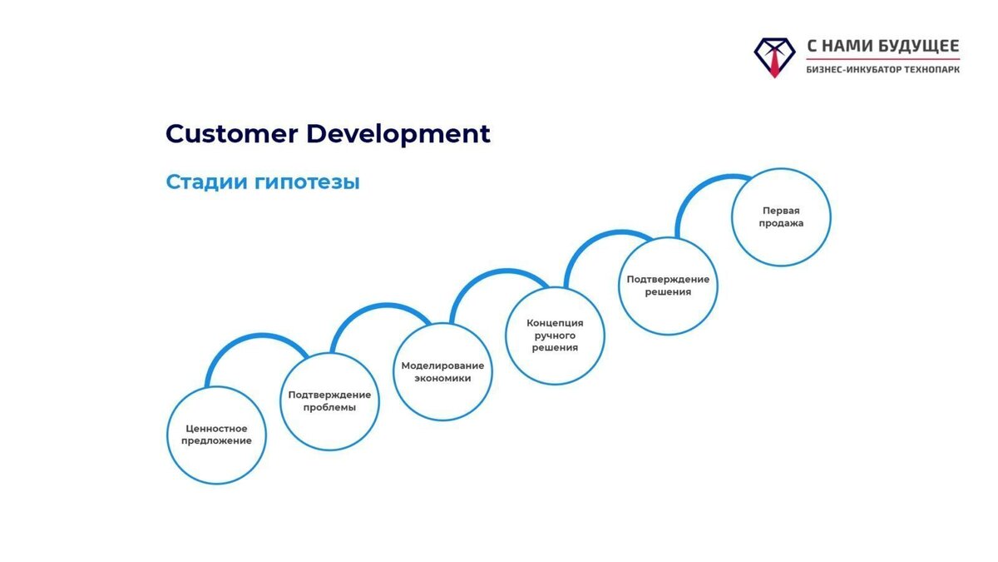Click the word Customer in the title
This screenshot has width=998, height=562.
pos(232,134)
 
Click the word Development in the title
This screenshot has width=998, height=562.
pos(398,135)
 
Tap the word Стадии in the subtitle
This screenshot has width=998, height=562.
pos(207,182)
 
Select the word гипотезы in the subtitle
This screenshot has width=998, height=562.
pos(307,182)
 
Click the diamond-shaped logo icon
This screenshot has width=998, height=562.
pos(774,57)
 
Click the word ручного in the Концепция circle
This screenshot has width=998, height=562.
pos(555,336)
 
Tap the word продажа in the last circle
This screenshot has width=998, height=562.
pos(781,223)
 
